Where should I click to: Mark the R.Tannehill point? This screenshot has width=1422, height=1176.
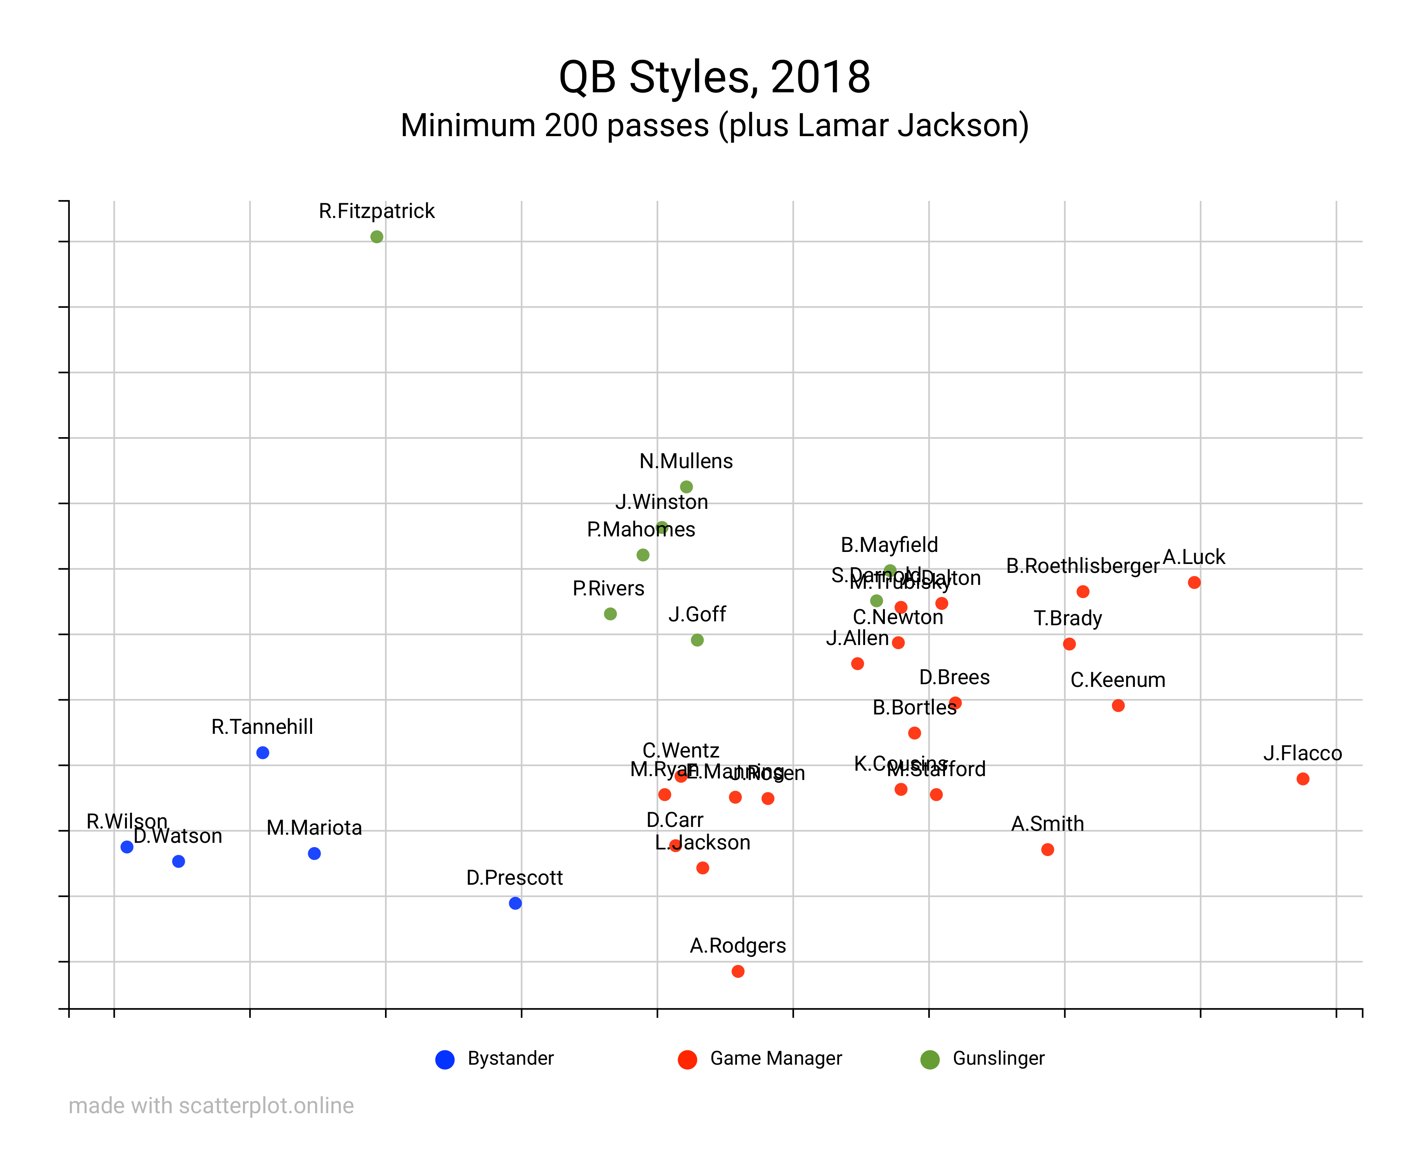pos(263,752)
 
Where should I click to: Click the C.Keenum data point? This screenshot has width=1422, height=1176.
pos(1118,706)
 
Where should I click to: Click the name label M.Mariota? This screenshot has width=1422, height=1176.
pos(314,828)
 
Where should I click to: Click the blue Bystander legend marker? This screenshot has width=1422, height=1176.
pos(445,1060)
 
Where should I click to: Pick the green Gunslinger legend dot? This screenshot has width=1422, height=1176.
pos(930,1060)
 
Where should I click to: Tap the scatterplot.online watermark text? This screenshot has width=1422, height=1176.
pos(211,1106)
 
